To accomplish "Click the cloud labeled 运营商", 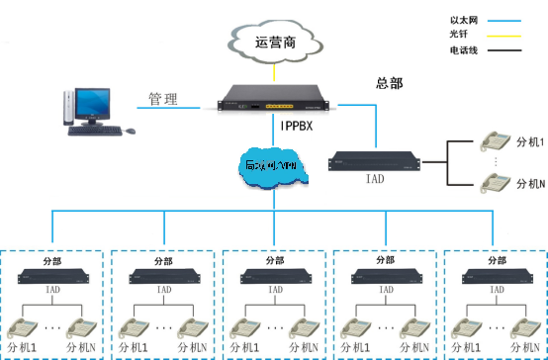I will point(274,43).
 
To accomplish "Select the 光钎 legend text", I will point(461,34).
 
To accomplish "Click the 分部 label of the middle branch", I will point(274,262).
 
